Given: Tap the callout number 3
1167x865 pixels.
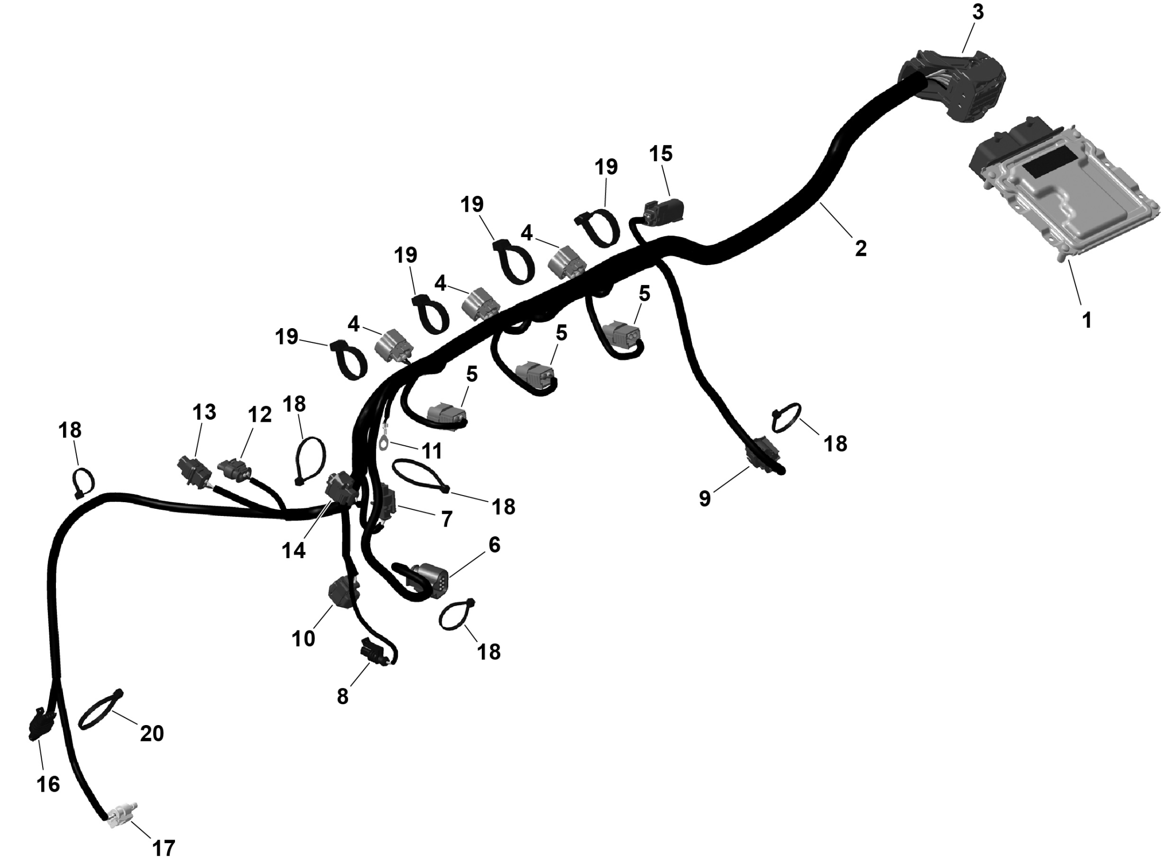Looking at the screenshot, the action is tap(977, 13).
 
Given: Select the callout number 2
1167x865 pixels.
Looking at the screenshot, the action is tap(861, 248).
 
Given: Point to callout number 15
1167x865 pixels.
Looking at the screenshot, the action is tap(660, 154).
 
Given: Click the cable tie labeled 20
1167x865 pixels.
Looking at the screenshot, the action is tap(100, 710).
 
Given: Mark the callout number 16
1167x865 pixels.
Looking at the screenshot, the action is tap(48, 784).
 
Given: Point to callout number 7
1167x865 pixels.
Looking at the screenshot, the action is tap(446, 519).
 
